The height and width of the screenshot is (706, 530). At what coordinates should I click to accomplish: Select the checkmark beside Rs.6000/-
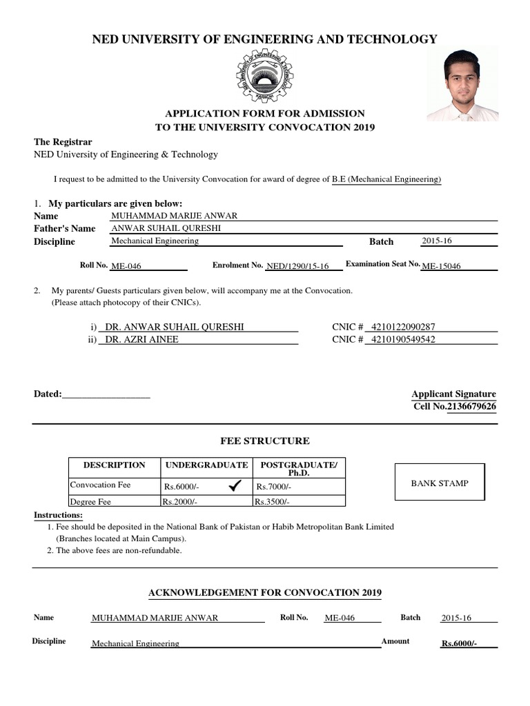click(233, 487)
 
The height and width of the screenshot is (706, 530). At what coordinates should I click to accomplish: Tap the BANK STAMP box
click(440, 483)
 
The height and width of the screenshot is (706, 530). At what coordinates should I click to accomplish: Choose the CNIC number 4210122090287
click(403, 327)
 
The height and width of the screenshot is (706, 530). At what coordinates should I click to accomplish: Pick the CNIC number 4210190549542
click(403, 339)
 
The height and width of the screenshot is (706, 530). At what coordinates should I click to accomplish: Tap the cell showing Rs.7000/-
click(274, 487)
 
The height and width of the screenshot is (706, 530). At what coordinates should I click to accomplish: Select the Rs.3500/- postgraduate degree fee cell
click(272, 502)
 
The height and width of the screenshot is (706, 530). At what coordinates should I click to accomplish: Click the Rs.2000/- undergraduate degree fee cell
click(179, 502)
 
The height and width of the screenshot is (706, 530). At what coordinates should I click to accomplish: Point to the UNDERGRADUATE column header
click(206, 465)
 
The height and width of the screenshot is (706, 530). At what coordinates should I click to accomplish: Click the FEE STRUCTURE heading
click(264, 441)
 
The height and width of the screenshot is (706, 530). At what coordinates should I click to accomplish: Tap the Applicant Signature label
click(453, 394)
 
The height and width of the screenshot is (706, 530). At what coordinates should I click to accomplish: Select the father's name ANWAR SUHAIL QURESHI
click(166, 228)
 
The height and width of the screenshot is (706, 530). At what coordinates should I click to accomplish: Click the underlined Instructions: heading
click(59, 516)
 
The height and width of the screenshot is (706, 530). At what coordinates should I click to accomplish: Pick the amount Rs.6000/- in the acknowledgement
click(459, 644)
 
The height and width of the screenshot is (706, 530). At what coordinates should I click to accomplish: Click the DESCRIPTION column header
click(114, 465)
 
